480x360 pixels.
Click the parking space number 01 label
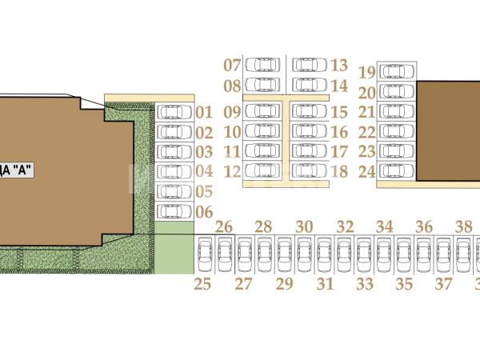tap(204, 113)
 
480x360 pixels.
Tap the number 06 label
tap(204, 212)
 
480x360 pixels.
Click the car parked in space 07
tap(262, 65)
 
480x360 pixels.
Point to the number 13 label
tap(338, 66)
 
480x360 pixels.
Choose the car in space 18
tap(309, 170)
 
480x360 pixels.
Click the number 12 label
tap(233, 170)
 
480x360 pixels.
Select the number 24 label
tap(367, 170)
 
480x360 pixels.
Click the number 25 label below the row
tap(204, 284)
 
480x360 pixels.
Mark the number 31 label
tap(325, 284)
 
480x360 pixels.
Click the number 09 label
tap(233, 112)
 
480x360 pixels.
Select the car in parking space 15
tap(309, 112)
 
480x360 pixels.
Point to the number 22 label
tap(367, 132)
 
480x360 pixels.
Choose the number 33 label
tap(365, 284)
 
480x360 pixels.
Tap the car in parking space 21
tap(396, 112)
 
